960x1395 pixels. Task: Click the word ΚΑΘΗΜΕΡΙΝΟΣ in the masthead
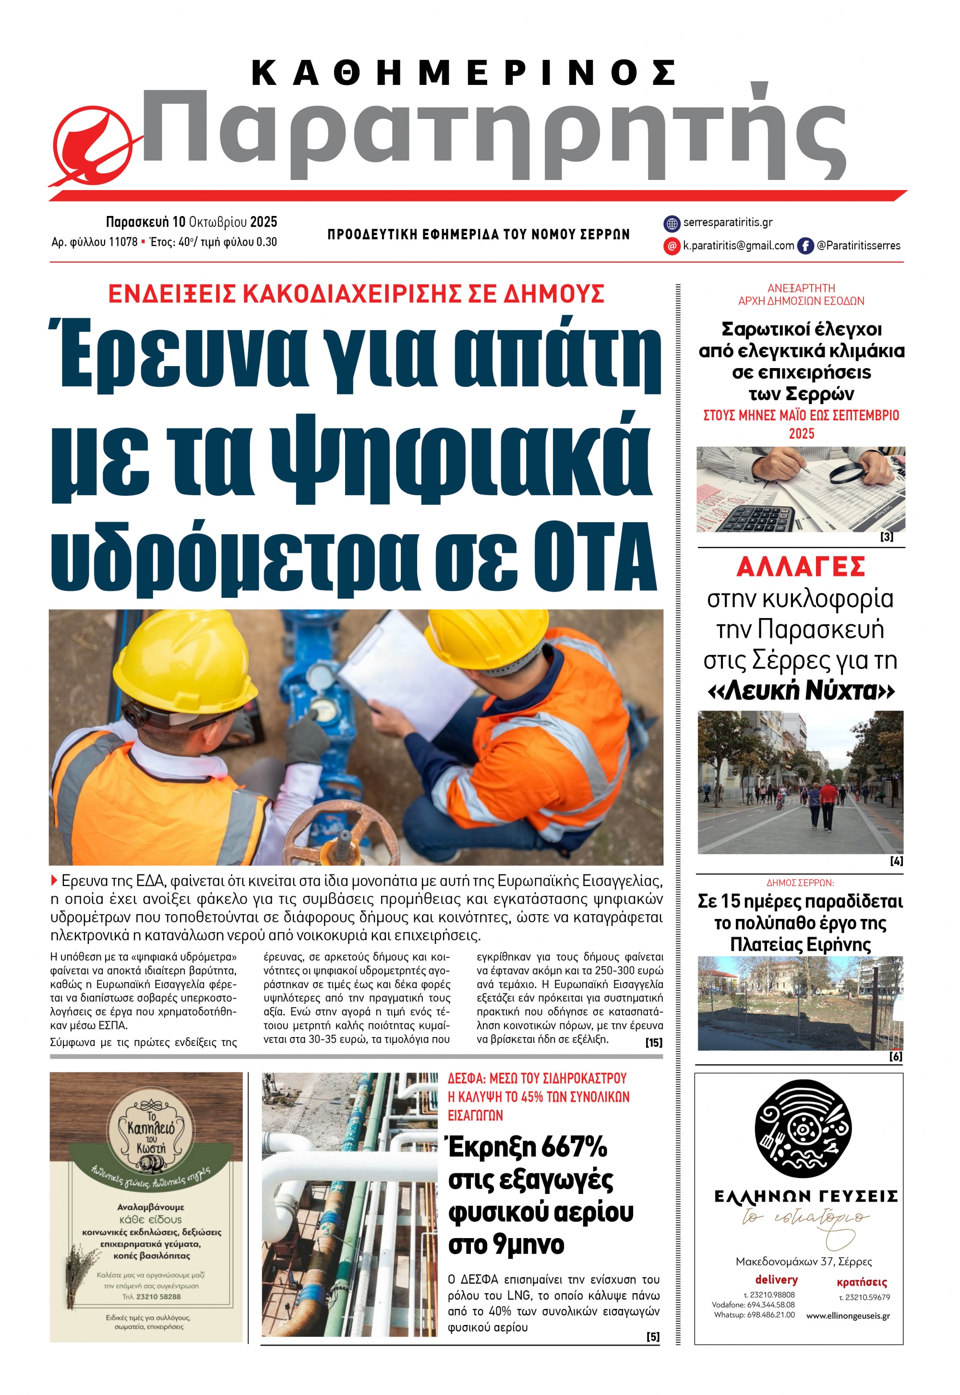463,73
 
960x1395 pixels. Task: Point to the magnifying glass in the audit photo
854,473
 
